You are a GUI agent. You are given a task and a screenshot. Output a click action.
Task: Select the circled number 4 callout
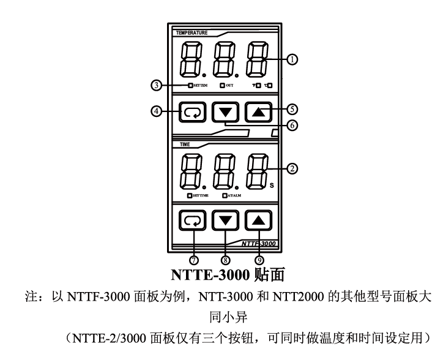158,112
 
